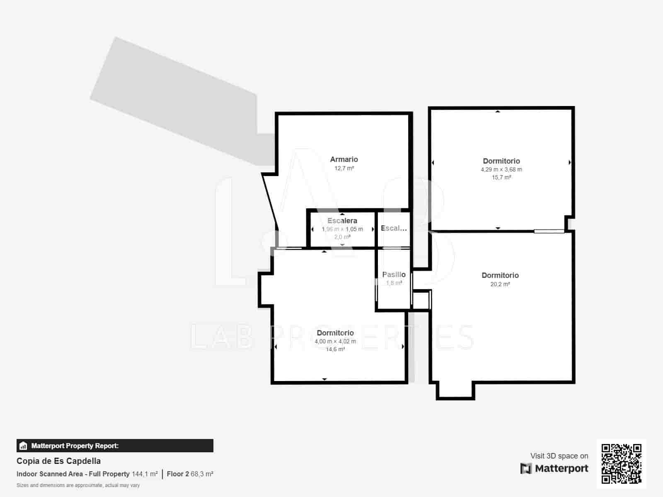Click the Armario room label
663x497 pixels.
coord(344,159)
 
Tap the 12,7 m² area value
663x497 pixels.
coord(344,169)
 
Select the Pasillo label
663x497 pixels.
coord(394,275)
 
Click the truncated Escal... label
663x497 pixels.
coord(394,228)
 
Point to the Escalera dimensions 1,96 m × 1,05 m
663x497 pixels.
coord(342,229)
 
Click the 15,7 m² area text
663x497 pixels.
coord(501,177)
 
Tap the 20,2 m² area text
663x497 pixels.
coord(500,284)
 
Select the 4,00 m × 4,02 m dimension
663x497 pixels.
coord(335,341)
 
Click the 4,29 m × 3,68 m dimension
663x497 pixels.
coord(501,169)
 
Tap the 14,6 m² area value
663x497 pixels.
coord(335,349)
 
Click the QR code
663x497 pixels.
coord(621,463)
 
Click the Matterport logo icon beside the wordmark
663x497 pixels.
coord(526,468)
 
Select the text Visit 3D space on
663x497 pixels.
coord(559,456)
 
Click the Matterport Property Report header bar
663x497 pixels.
coord(115,446)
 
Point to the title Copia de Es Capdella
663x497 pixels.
coord(58,461)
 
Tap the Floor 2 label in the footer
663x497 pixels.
coord(178,474)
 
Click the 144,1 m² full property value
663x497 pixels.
coord(145,474)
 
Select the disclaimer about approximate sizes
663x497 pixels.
coord(78,485)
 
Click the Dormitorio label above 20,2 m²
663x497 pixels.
coord(500,275)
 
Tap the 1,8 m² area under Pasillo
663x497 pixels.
coord(394,283)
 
